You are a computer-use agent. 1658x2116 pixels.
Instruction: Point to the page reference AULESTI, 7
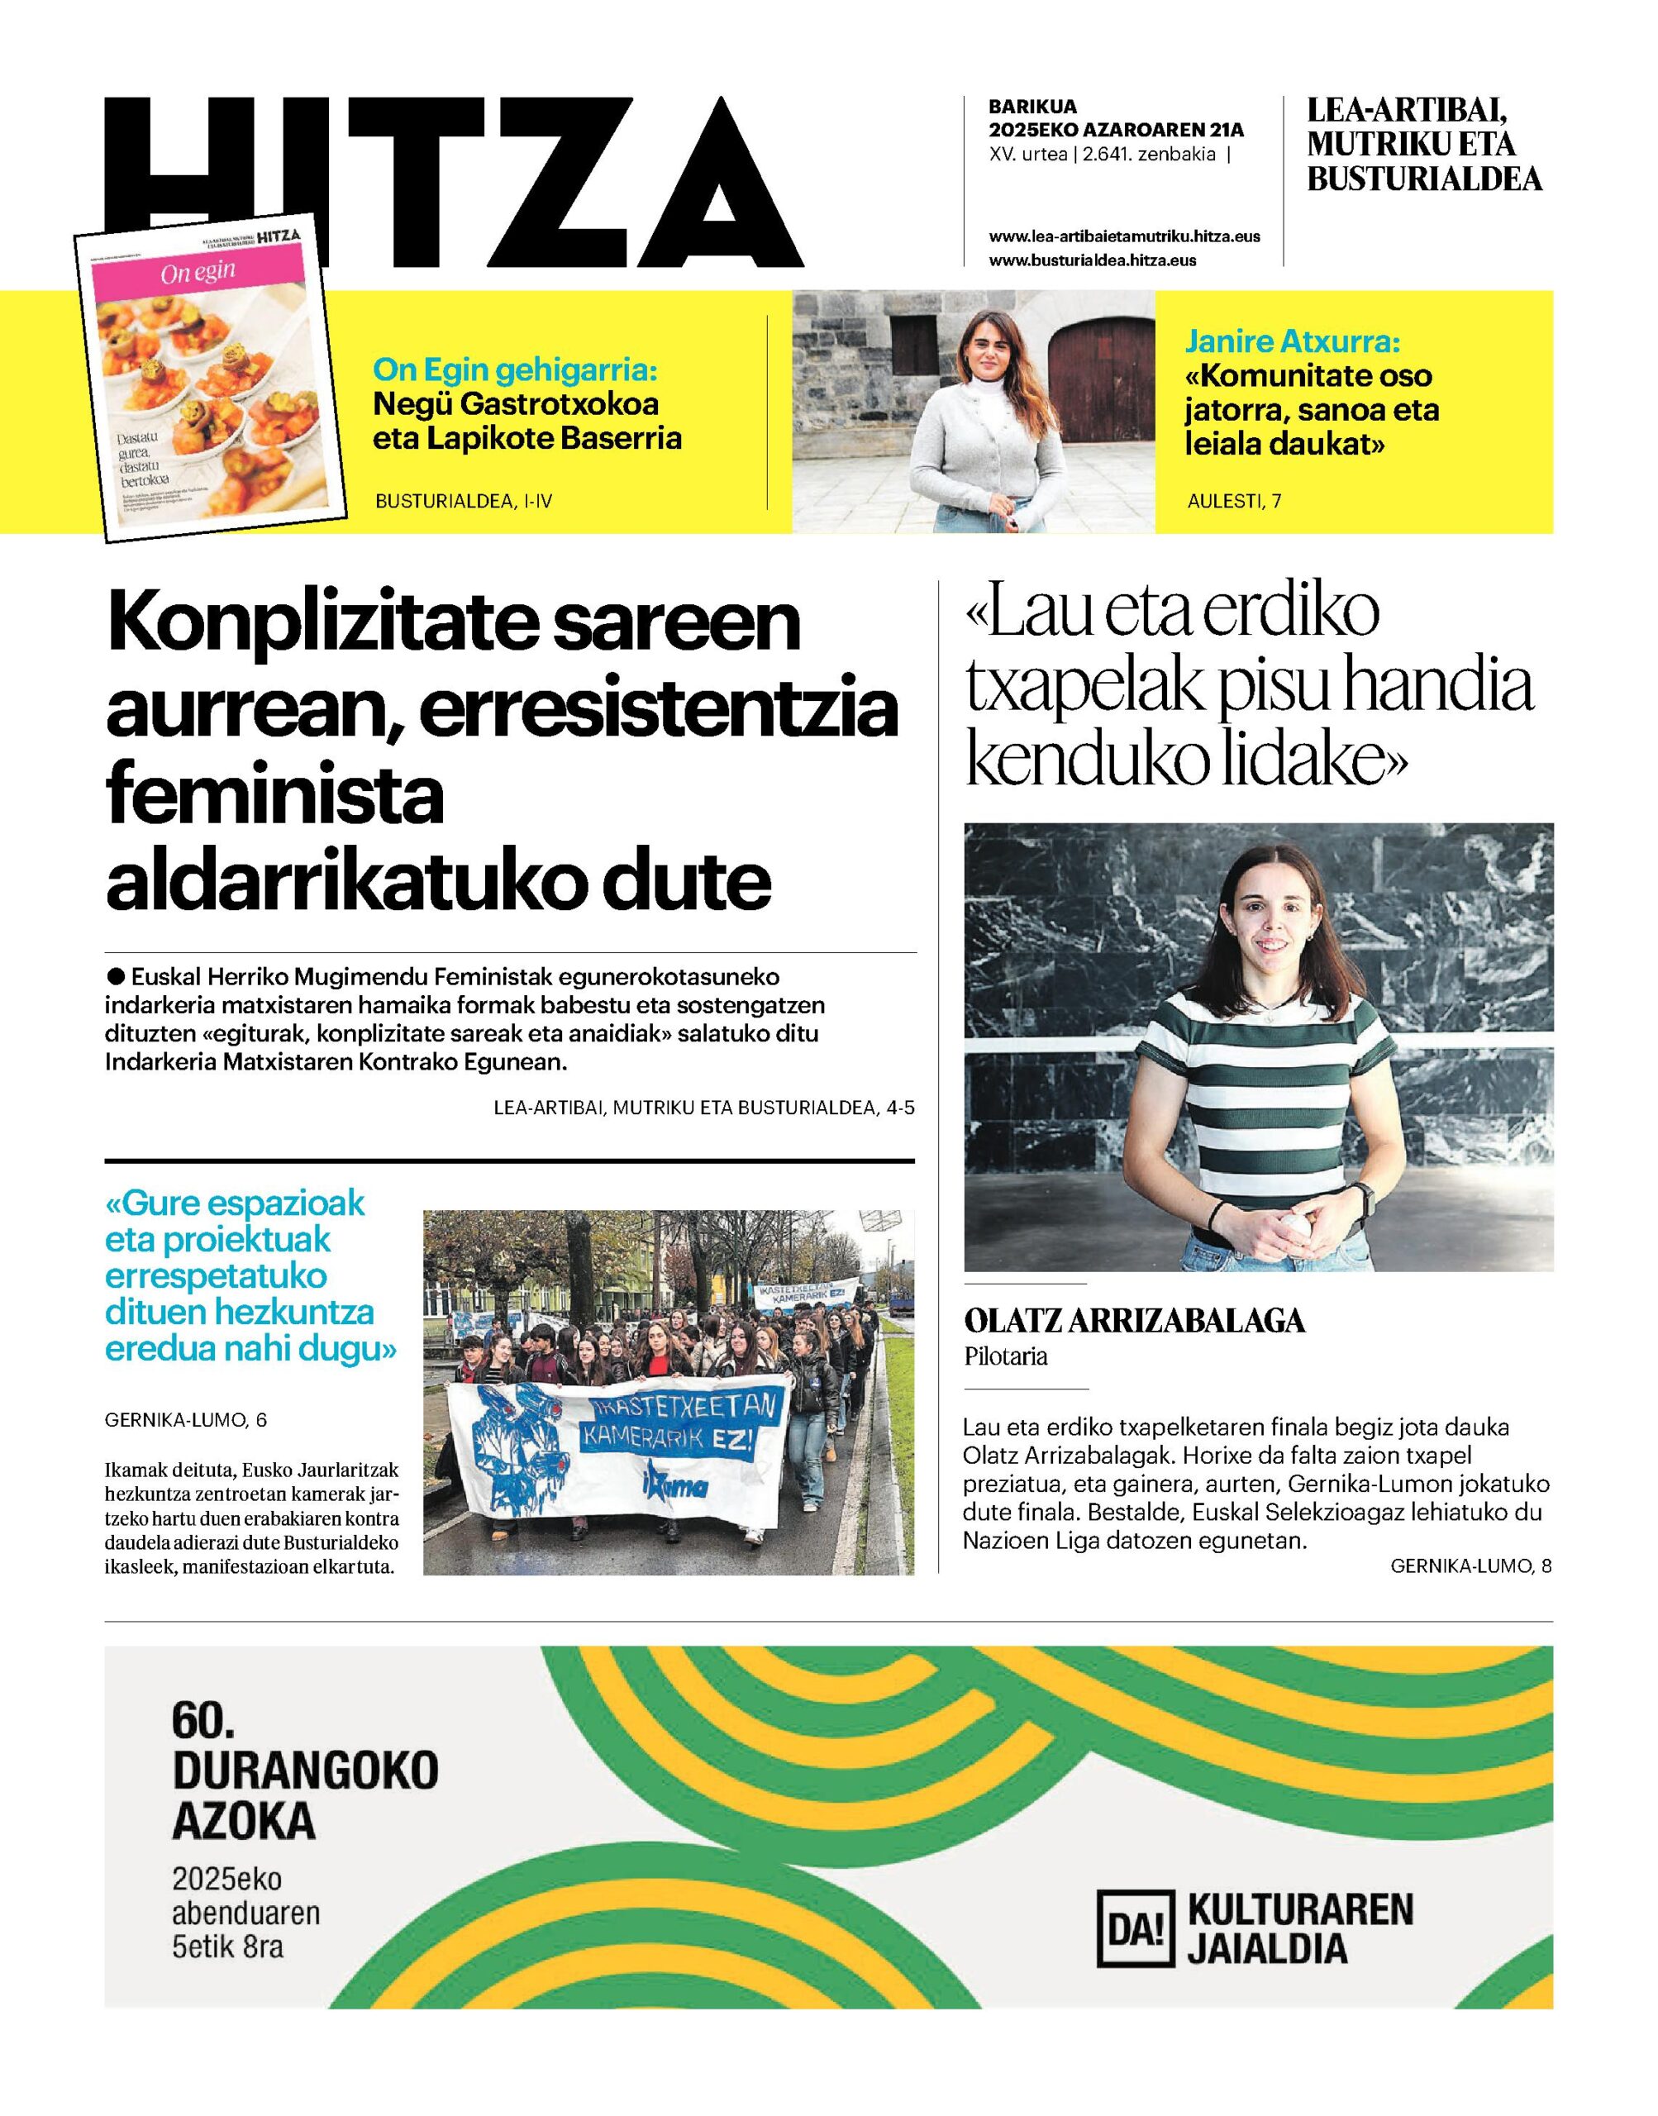[x=1234, y=501]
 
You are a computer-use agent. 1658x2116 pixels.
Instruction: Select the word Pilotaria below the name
[x=1006, y=1357]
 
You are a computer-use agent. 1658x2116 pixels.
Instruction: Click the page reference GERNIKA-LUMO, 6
[x=185, y=1420]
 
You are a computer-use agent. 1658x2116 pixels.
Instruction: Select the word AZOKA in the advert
[x=244, y=1820]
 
